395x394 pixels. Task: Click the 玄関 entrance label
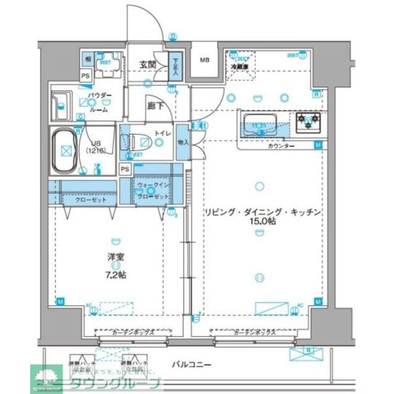pyautogui.click(x=147, y=64)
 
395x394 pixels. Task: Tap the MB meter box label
pyautogui.click(x=203, y=60)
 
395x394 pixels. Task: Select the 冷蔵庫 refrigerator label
pyautogui.click(x=239, y=66)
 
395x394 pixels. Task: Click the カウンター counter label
pyautogui.click(x=281, y=146)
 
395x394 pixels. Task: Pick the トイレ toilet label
pyautogui.click(x=162, y=132)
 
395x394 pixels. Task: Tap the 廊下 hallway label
pyautogui.click(x=155, y=105)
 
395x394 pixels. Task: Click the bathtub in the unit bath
pyautogui.click(x=65, y=150)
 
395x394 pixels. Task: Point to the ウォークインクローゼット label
pyautogui.click(x=153, y=188)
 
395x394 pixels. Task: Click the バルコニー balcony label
pyautogui.click(x=191, y=364)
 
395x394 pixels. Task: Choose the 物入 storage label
pyautogui.click(x=183, y=141)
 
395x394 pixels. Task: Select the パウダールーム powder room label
pyautogui.click(x=99, y=103)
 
